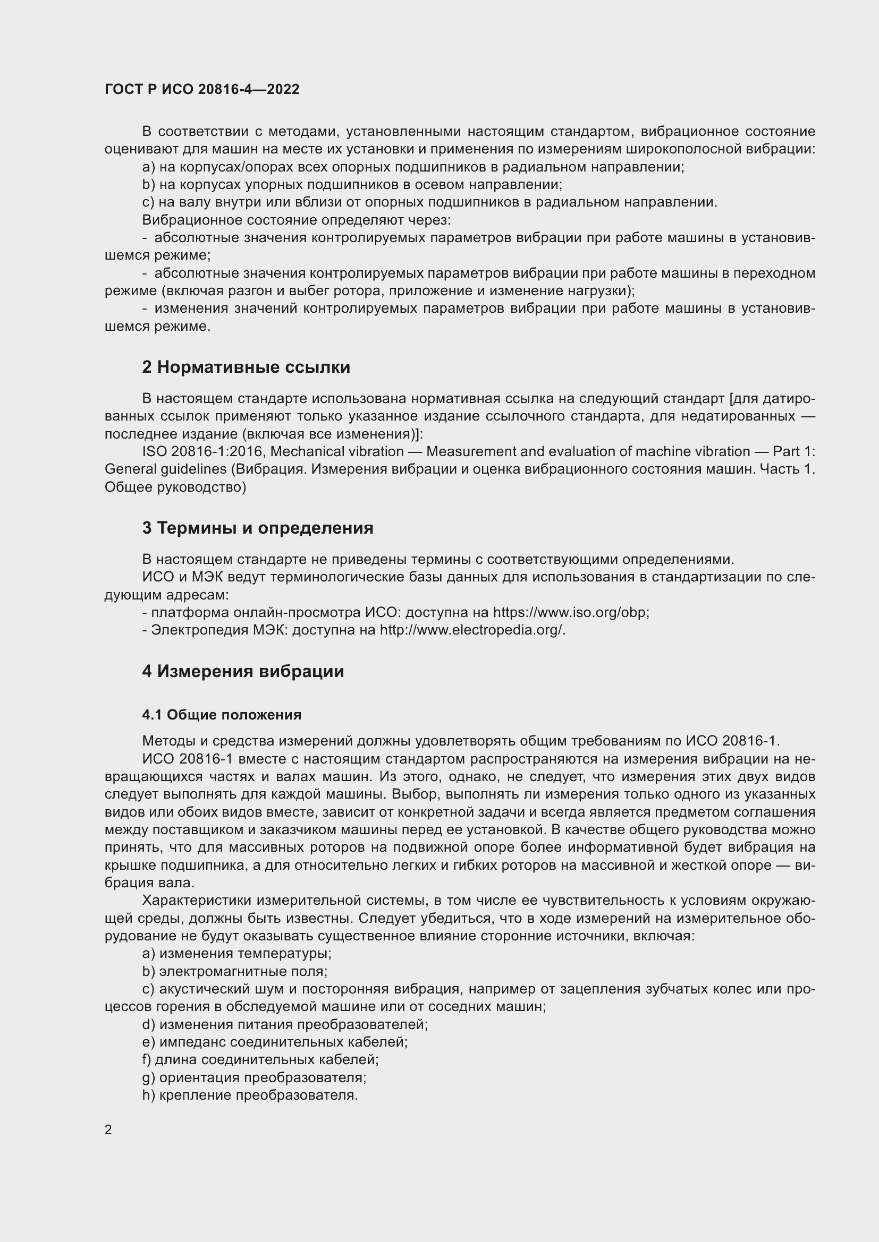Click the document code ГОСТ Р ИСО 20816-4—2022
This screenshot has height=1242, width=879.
point(202,89)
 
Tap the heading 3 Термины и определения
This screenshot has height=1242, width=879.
point(258,528)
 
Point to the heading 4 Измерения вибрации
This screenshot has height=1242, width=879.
point(243,672)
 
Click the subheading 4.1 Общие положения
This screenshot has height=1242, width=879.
point(222,715)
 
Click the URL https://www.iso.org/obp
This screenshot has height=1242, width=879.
point(570,612)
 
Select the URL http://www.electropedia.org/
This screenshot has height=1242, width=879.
point(472,630)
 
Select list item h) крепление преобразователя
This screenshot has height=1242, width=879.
point(250,1096)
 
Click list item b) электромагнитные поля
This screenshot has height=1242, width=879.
point(235,972)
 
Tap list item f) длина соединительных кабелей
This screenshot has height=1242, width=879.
point(260,1060)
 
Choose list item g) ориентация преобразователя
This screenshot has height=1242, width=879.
point(255,1078)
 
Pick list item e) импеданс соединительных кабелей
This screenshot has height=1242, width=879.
point(275,1042)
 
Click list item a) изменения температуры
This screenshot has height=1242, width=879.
point(236,954)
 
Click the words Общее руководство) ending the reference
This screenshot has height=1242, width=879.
point(175,487)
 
